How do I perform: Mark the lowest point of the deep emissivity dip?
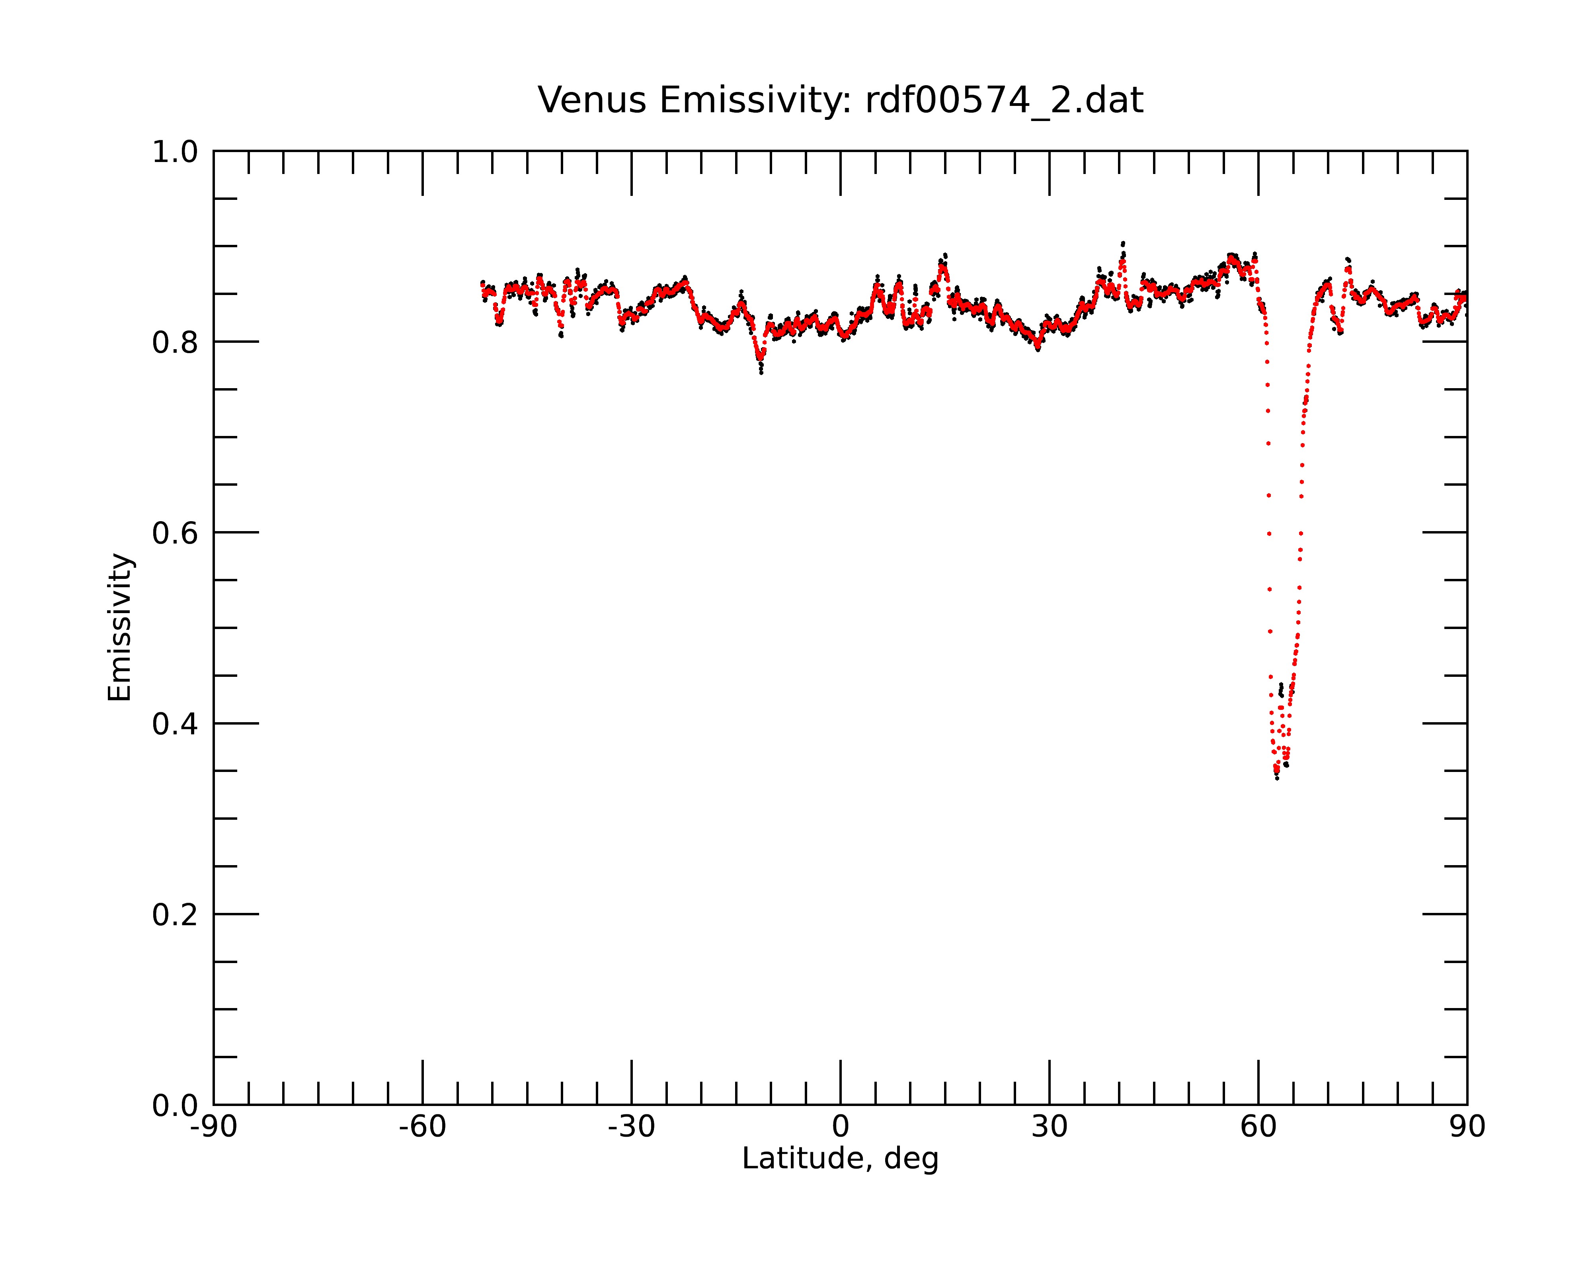(x=1277, y=778)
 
